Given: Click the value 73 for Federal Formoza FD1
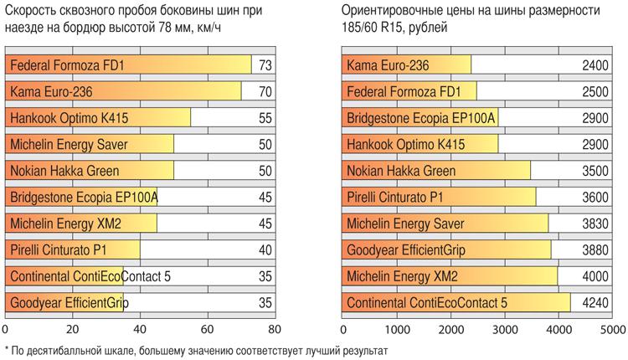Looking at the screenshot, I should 265,64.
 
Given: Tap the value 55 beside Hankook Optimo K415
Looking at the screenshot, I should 265,117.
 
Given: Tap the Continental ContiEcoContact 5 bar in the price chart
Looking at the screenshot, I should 456,303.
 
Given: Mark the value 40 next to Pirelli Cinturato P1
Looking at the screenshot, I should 265,250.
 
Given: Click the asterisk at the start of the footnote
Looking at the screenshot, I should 7,350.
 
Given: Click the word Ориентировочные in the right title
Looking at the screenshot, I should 391,10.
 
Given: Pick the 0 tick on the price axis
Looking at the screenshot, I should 343,329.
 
